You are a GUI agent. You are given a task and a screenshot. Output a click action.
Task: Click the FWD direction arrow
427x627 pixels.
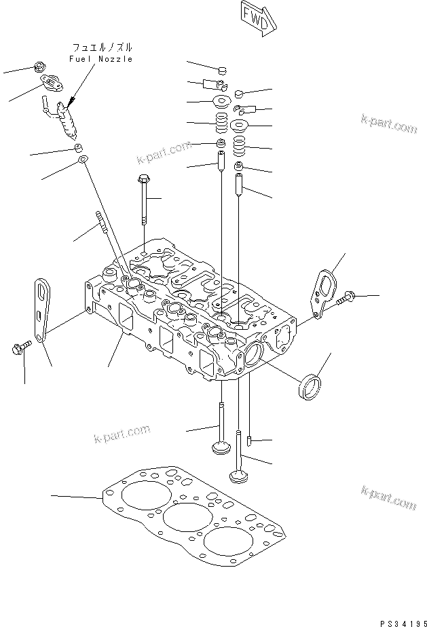click(x=259, y=18)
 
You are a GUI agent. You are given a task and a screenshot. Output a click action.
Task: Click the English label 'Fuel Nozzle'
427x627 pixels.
click(x=101, y=59)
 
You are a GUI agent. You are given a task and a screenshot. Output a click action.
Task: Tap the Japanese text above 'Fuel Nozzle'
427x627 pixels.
click(x=103, y=47)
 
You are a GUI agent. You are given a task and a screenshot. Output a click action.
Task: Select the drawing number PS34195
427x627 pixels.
click(x=403, y=623)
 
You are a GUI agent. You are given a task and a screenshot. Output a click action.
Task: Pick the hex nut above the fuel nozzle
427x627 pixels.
click(x=40, y=67)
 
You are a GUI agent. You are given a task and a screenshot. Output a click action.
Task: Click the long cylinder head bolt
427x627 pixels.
click(x=144, y=200)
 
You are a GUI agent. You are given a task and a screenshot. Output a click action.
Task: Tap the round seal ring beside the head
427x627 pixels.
click(x=310, y=387)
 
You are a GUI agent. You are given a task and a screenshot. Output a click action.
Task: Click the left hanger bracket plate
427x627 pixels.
click(x=41, y=310)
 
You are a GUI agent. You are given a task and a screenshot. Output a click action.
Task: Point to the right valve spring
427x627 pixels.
click(x=240, y=147)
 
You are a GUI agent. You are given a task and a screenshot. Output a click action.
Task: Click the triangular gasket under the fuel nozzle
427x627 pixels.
click(x=82, y=160)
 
